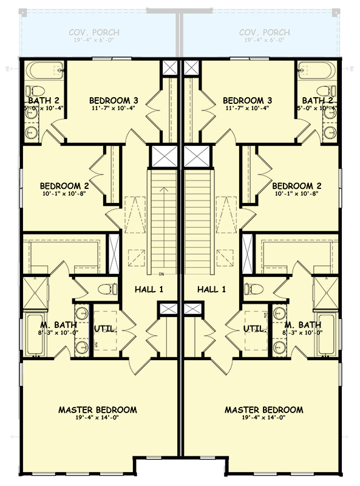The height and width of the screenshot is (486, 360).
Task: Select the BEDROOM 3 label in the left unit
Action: pos(114,100)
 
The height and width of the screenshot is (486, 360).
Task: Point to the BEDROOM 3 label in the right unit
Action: pos(246,100)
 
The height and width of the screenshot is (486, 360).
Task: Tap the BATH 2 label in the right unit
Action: pos(317,100)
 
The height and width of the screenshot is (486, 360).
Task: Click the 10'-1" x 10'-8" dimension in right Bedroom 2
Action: pos(296,194)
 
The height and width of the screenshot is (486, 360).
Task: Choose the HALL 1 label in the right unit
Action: pos(211,290)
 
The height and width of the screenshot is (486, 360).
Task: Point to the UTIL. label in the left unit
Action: pos(104,329)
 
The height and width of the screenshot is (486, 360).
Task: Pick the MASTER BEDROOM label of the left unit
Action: pos(97,410)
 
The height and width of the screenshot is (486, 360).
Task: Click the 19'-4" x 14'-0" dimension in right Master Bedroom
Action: pos(263,419)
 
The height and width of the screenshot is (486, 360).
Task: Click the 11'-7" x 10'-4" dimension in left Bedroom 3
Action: pos(114,109)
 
